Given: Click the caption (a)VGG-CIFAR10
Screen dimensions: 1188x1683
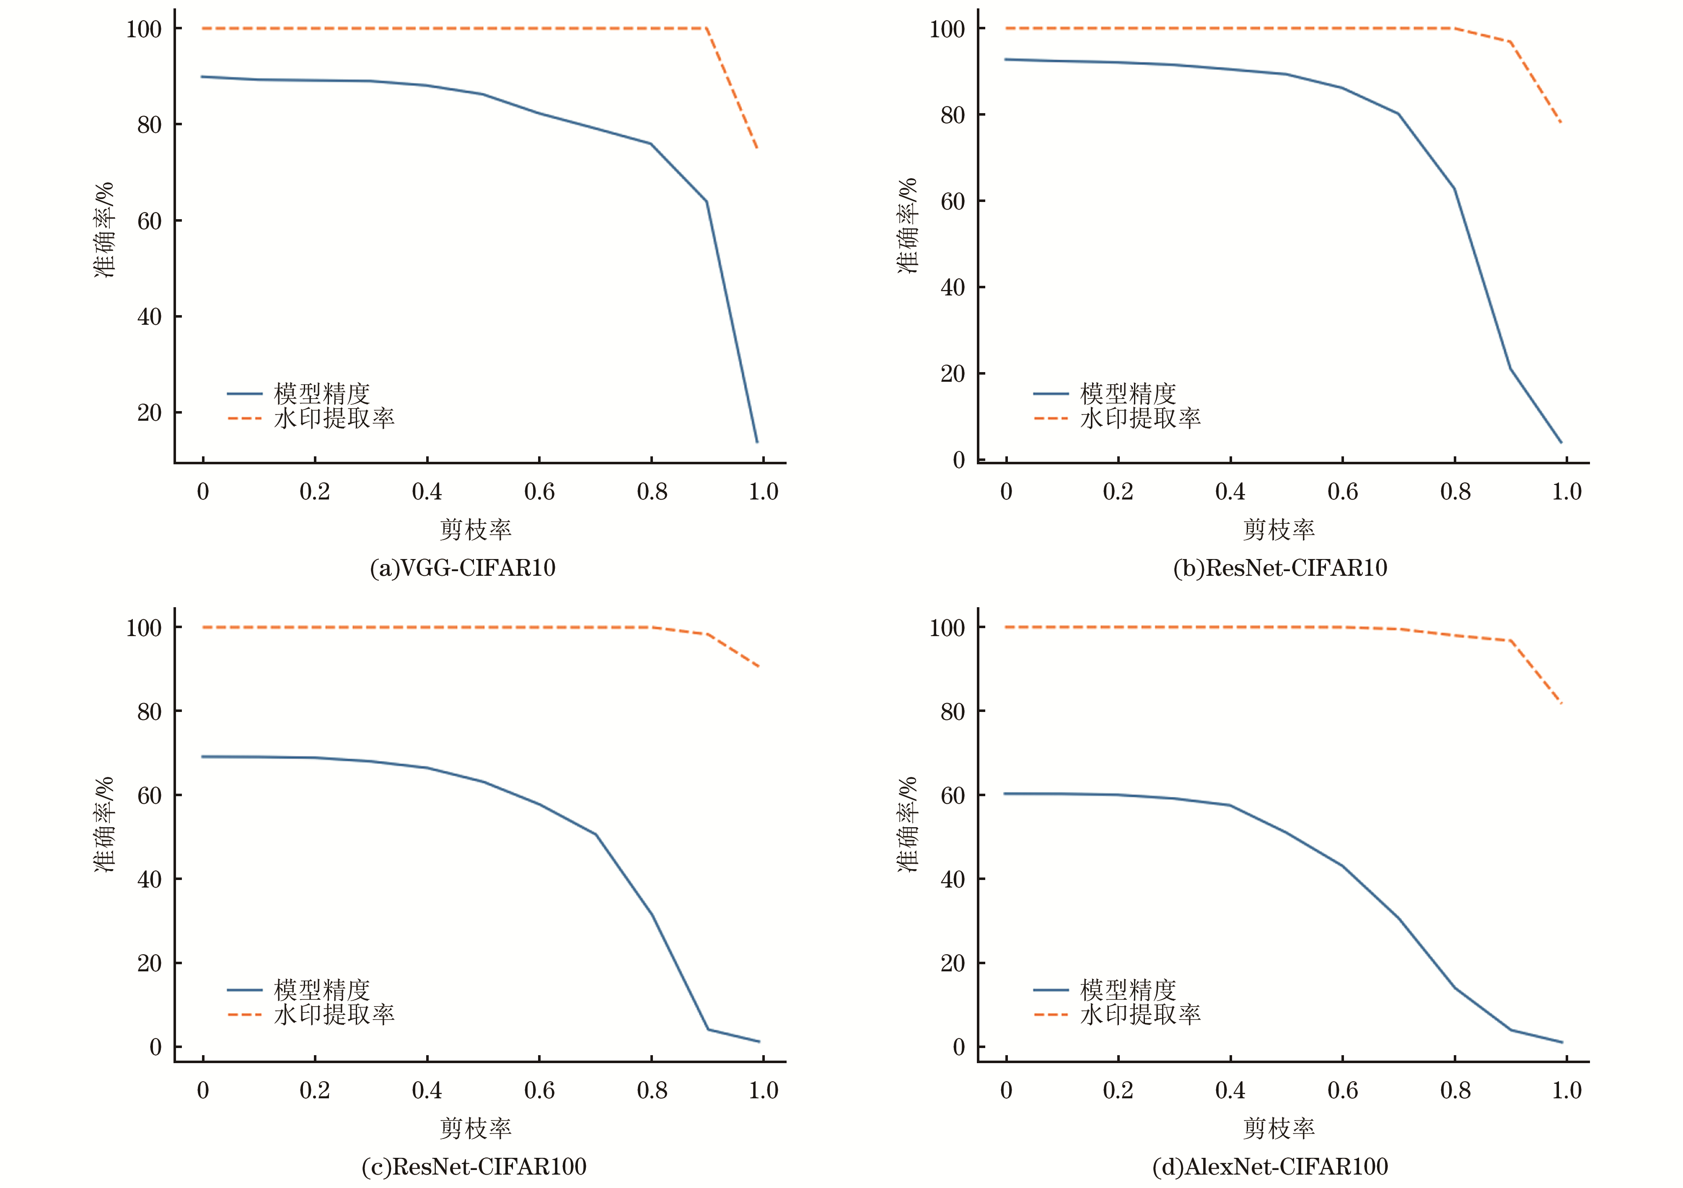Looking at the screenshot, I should pos(463,568).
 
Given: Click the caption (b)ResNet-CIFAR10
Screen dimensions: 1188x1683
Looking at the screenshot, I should pos(1280,568).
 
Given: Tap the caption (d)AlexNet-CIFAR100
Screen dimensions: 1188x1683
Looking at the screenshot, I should pos(1269,1166).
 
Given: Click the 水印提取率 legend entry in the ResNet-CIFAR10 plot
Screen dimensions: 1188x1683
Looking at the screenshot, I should pos(1140,419).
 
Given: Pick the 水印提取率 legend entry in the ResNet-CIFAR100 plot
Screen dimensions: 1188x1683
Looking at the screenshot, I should pos(334,1015).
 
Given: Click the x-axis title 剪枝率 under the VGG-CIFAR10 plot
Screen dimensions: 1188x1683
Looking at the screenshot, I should pos(475,529).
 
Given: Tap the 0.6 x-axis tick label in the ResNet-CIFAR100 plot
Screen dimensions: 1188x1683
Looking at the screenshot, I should pos(539,1090).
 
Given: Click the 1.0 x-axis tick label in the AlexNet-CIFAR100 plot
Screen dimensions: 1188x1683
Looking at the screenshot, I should pos(1566,1090).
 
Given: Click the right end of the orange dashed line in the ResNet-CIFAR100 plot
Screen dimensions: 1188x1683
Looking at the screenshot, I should pos(758,666).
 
